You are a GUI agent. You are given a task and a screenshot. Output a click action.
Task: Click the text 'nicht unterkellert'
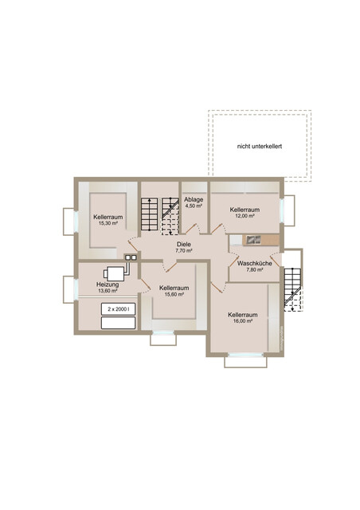259,147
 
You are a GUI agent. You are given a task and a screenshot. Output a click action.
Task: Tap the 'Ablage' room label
194,199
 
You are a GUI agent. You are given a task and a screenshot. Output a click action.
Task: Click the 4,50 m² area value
194,206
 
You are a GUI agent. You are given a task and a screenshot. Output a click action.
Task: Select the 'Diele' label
184,245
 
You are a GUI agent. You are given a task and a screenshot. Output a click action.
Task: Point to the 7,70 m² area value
184,251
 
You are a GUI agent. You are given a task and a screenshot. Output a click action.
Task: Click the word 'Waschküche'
254,264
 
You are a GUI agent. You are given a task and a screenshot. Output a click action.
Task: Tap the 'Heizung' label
108,284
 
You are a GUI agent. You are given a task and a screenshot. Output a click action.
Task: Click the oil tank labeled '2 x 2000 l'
119,309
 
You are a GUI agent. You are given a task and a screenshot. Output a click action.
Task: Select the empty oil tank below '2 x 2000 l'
119,323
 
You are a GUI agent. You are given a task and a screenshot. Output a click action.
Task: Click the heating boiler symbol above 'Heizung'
115,274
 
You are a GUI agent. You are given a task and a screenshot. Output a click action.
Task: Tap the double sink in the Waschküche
253,240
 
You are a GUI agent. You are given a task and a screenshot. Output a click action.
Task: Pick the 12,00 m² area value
245,216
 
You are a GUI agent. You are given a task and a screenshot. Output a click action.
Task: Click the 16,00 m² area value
243,321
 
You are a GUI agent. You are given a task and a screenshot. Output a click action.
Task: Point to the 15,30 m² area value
108,223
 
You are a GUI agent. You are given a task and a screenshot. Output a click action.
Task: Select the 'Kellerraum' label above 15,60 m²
174,288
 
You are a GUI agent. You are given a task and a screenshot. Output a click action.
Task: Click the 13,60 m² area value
108,291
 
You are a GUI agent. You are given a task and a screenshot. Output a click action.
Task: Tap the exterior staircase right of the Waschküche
292,289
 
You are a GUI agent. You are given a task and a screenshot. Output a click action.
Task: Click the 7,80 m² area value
254,270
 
